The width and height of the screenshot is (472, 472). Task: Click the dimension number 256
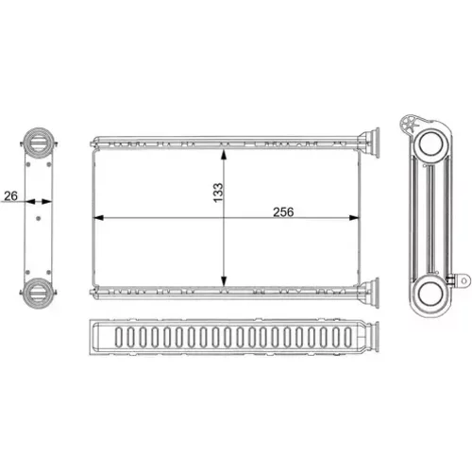(283, 212)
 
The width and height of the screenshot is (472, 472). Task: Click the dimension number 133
(218, 193)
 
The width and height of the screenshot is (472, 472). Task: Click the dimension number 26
(10, 196)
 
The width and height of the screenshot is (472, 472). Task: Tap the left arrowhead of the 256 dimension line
(99, 217)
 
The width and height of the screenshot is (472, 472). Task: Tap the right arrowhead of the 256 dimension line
(354, 217)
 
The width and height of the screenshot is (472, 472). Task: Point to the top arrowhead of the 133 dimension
(224, 154)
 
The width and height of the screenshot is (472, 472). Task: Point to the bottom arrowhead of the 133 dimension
(224, 281)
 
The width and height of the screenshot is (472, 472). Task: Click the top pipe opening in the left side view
(39, 141)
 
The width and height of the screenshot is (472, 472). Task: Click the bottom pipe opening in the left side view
(39, 294)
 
